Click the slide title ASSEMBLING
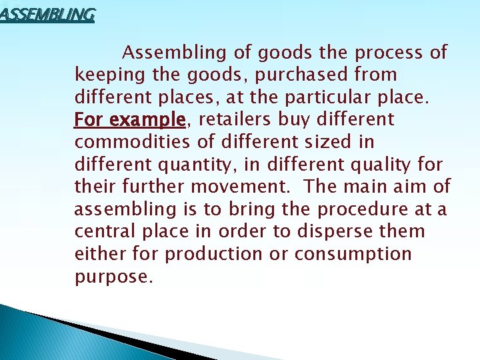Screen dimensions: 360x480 pyautogui.click(x=47, y=13)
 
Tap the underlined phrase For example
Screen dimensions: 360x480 pyautogui.click(x=129, y=120)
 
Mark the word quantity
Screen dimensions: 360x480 pyautogui.click(x=204, y=165)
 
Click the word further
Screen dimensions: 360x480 pyautogui.click(x=148, y=187)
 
